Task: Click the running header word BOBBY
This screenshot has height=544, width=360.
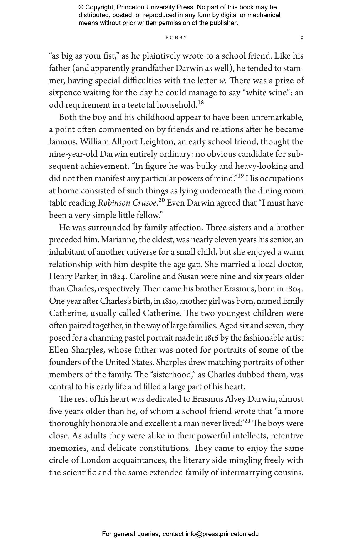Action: pyautogui.click(x=176, y=38)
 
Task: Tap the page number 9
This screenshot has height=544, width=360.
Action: pyautogui.click(x=302, y=38)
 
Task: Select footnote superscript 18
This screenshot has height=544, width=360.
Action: pyautogui.click(x=201, y=103)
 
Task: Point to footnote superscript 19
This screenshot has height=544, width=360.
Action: pyautogui.click(x=240, y=176)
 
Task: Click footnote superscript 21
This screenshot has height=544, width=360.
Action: pyautogui.click(x=248, y=421)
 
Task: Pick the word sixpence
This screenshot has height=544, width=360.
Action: pyautogui.click(x=63, y=93)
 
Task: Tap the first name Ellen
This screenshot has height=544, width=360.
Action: pyautogui.click(x=58, y=350)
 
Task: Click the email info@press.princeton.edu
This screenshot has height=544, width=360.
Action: pyautogui.click(x=222, y=534)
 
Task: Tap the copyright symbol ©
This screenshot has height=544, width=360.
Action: pyautogui.click(x=81, y=8)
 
